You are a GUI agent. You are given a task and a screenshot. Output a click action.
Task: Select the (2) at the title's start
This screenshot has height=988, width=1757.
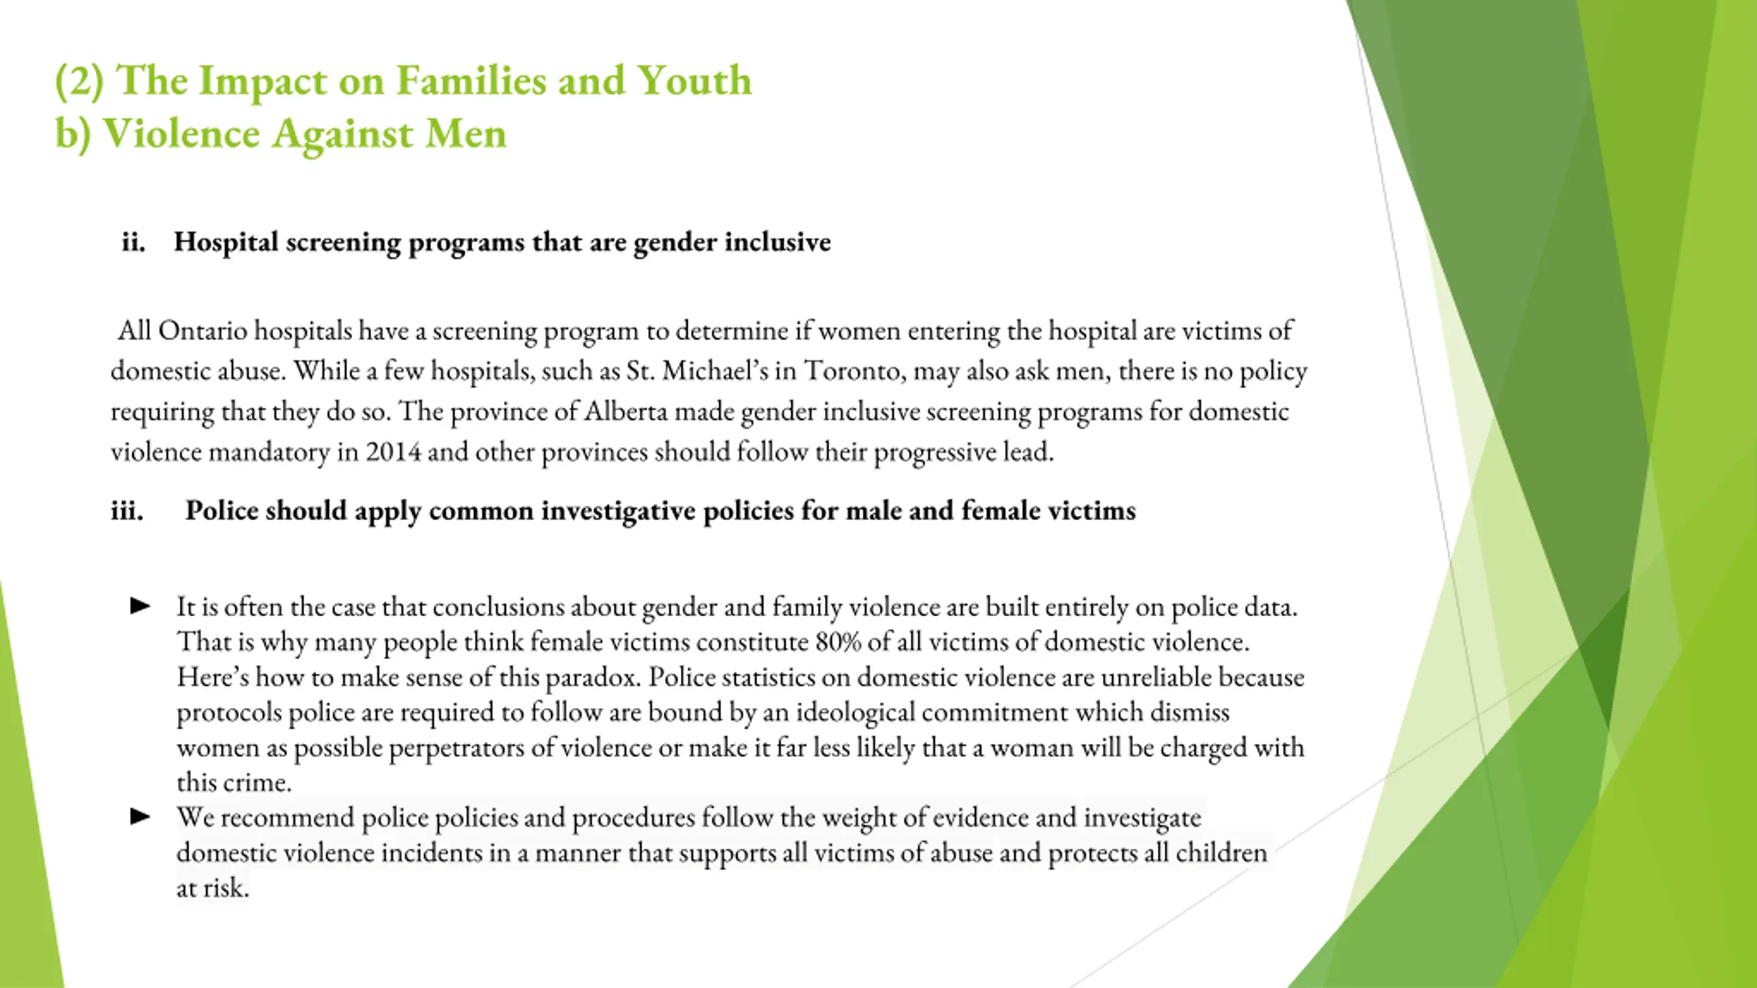click(x=80, y=81)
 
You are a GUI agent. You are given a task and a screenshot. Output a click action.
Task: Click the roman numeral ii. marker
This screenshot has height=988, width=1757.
click(x=133, y=242)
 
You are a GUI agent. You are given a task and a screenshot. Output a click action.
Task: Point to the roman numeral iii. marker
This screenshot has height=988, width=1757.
click(x=128, y=511)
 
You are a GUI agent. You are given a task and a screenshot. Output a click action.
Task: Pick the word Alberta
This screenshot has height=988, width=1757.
click(x=625, y=412)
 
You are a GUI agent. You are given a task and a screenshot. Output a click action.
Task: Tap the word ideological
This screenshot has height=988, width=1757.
click(x=855, y=713)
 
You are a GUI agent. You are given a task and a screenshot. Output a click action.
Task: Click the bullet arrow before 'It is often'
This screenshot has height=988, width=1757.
click(x=141, y=606)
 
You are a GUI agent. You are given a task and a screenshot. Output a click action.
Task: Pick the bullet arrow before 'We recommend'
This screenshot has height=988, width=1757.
click(x=141, y=816)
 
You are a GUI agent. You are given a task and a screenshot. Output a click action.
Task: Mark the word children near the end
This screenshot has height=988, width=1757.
click(x=1221, y=853)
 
